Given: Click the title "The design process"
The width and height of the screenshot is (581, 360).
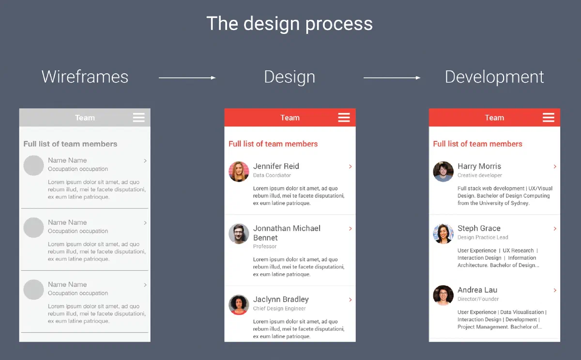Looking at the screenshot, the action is tap(290, 24).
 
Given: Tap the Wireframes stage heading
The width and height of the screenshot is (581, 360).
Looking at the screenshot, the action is tap(85, 77).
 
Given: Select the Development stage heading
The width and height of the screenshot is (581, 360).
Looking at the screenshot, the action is tap(494, 77).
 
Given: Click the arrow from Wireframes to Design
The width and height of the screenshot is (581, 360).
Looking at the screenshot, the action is tap(187, 78).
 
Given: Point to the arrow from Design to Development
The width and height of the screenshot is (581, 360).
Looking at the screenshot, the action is tap(392, 78).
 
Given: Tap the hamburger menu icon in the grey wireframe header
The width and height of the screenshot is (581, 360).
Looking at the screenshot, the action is tap(139, 118).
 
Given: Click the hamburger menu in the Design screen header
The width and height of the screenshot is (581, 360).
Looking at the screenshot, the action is tap(344, 118).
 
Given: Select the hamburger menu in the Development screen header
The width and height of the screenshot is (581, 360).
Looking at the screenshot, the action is tap(548, 118).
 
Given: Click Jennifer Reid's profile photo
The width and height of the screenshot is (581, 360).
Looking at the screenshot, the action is tap(239, 172).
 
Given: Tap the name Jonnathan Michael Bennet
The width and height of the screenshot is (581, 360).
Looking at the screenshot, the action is tap(287, 233).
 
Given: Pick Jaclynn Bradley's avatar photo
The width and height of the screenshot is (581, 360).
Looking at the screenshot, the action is tap(239, 305).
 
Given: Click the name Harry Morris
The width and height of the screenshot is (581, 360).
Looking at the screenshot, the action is tap(479, 166).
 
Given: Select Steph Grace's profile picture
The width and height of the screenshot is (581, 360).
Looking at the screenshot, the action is tap(443, 234).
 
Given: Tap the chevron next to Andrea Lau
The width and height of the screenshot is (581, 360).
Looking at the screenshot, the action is tap(555, 290).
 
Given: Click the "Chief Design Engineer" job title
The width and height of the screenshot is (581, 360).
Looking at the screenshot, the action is tap(279, 308).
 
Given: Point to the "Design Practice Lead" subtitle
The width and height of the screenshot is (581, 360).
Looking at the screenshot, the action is tap(483, 237).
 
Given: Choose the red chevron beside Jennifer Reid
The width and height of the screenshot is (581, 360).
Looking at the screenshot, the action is tap(350, 166).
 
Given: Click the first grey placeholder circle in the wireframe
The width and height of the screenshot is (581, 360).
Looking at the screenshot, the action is tap(33, 165).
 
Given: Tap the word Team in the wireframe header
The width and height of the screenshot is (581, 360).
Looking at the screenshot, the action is tap(85, 118).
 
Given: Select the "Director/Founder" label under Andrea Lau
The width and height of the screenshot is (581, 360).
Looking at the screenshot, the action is tap(478, 299).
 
